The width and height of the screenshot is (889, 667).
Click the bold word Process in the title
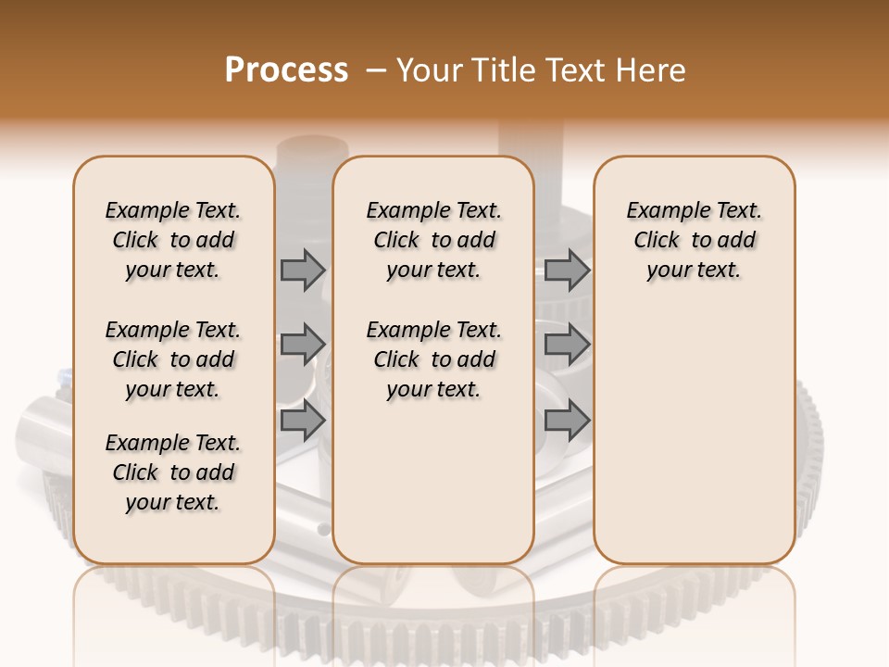click(x=286, y=70)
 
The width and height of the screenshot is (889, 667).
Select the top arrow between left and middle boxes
click(x=303, y=270)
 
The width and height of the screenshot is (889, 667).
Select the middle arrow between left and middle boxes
click(x=303, y=345)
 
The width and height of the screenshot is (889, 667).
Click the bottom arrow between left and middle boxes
click(x=303, y=421)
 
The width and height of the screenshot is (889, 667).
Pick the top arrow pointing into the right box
click(x=567, y=270)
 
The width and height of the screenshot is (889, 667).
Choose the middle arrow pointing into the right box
click(x=567, y=345)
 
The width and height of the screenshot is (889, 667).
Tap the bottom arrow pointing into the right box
click(x=567, y=421)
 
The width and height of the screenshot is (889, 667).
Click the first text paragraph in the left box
click(x=173, y=240)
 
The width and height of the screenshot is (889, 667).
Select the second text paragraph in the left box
click(x=173, y=359)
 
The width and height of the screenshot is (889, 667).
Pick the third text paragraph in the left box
click(x=173, y=472)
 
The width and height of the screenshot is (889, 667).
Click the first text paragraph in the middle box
click(x=434, y=240)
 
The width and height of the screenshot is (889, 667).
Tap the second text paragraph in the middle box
click(x=434, y=359)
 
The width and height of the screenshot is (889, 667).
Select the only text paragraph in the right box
click(x=695, y=240)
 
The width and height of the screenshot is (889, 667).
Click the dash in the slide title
click(x=376, y=70)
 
